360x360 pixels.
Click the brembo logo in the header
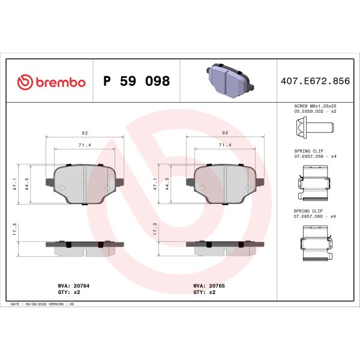pos(52,82)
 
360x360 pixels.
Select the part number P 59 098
pos(137,82)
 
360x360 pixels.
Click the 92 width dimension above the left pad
pos(85,134)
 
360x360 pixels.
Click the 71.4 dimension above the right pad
pos(226,145)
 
